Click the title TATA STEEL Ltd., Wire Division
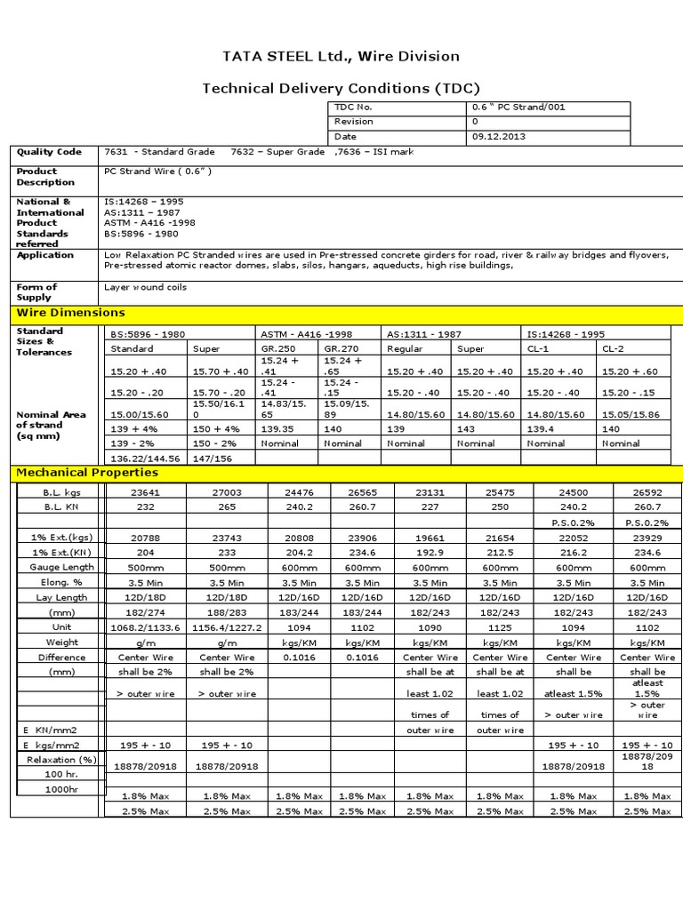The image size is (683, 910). coord(341,57)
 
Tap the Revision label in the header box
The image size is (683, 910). coord(354,122)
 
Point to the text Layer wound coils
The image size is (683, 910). coord(146,287)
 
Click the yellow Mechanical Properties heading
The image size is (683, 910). coord(87,473)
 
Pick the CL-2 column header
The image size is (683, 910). coord(613,349)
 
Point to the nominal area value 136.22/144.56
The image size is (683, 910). coord(144,459)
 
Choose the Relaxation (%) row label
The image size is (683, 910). coord(61,760)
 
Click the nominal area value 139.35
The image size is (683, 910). coord(279,428)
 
